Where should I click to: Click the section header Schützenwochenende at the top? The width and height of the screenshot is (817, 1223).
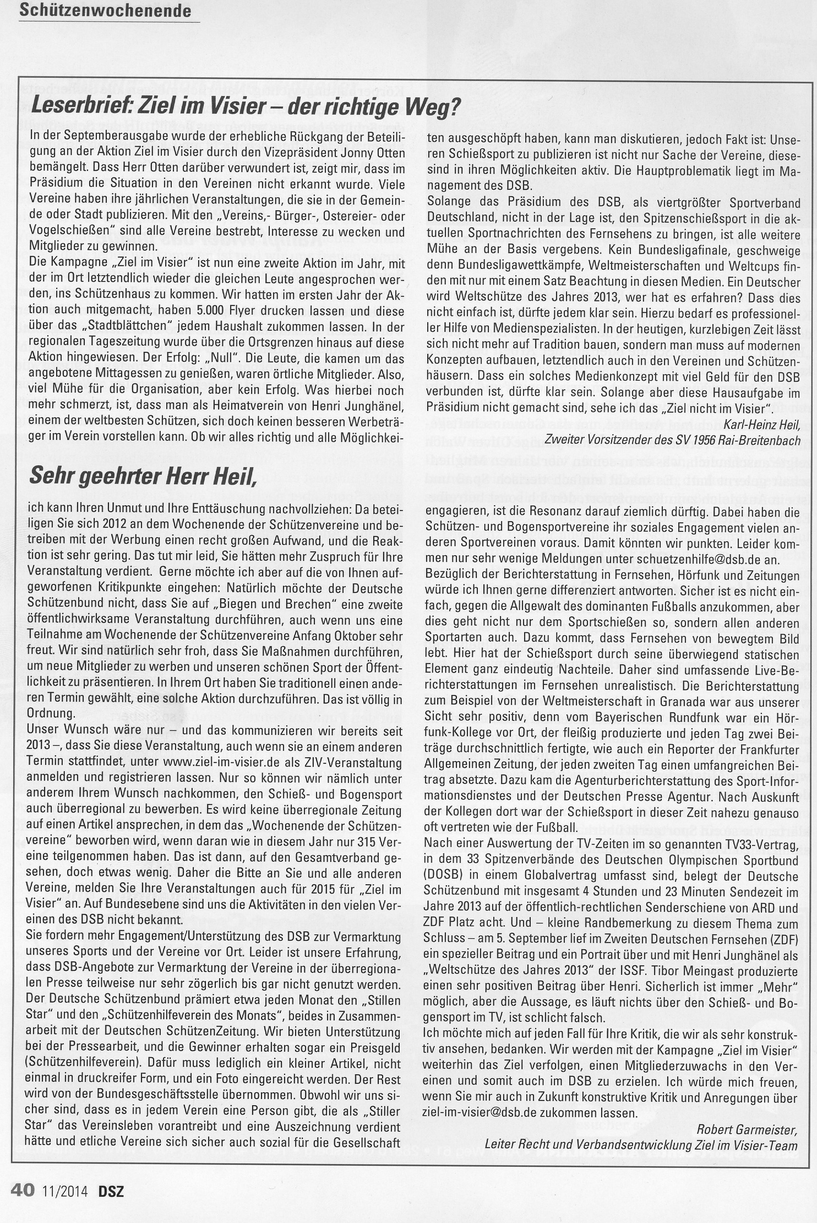click(105, 10)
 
